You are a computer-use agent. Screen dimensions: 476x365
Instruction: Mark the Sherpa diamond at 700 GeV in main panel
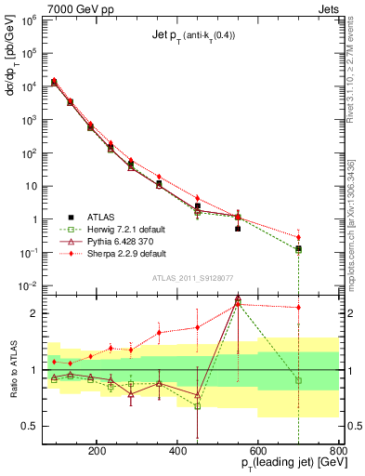pyautogui.click(x=297, y=237)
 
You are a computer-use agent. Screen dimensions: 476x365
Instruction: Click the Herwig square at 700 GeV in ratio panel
pyautogui.click(x=297, y=380)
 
